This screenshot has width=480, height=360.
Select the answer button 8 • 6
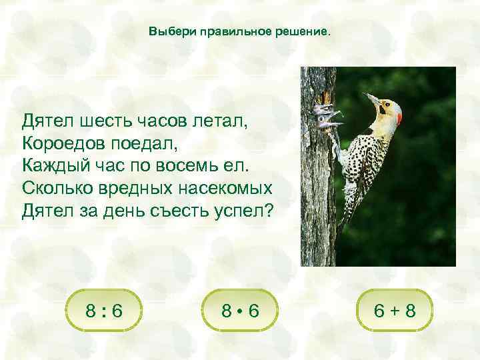[x=239, y=309]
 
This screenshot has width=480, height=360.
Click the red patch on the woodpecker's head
[x=399, y=117]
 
